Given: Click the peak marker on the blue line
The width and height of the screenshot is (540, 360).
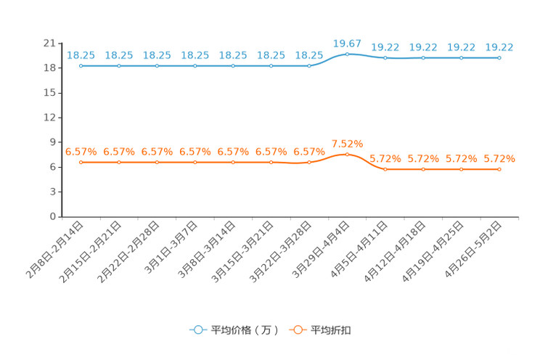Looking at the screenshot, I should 347,54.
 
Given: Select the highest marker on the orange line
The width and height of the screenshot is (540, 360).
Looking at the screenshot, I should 347,155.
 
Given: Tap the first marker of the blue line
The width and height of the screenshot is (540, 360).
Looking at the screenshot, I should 81,66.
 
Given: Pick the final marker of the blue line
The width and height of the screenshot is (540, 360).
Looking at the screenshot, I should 499,57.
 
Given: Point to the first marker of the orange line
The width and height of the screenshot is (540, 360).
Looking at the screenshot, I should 81,162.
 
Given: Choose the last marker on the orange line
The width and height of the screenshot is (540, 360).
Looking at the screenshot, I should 499,168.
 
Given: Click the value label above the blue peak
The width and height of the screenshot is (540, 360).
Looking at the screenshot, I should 347,44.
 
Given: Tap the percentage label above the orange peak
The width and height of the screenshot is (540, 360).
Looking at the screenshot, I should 347,143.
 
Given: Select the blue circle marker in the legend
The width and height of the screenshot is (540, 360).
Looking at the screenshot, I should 197,330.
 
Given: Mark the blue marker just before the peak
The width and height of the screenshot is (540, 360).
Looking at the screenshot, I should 309,66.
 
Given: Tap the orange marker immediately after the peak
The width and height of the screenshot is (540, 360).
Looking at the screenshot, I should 385,168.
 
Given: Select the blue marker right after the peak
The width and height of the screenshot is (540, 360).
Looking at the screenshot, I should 385,57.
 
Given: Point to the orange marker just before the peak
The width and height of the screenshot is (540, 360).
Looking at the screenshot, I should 309,162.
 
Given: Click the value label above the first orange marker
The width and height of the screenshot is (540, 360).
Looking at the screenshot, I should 81,152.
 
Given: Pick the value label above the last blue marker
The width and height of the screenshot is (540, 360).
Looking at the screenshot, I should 499,47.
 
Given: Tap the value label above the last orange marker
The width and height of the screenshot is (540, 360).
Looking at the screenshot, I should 499,158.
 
